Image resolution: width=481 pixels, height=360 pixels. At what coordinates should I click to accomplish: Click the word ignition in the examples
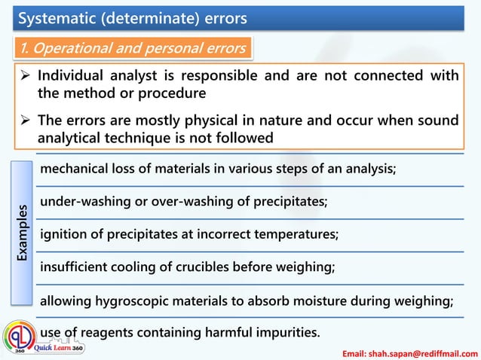pyautogui.click(x=61, y=234)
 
